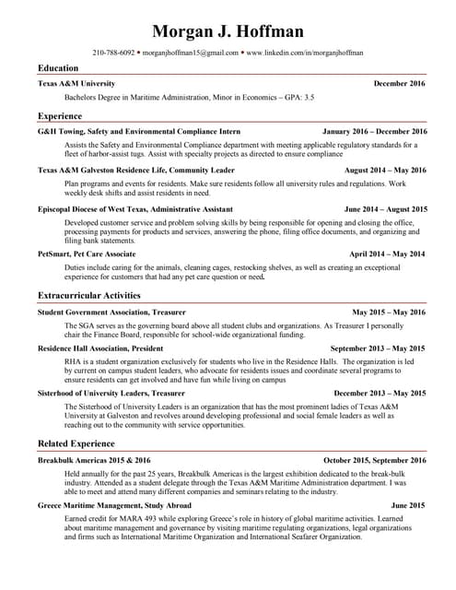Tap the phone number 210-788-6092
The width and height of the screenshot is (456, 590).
pyautogui.click(x=113, y=53)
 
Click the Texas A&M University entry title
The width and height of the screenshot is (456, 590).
pyautogui.click(x=76, y=83)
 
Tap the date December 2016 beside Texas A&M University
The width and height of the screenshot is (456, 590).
pyautogui.click(x=400, y=83)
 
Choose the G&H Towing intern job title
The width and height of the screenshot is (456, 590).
pyautogui.click(x=138, y=131)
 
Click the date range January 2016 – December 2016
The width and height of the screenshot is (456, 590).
pyautogui.click(x=375, y=131)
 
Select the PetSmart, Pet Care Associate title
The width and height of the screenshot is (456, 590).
pyautogui.click(x=87, y=253)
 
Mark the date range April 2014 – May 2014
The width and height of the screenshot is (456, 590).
pyautogui.click(x=387, y=253)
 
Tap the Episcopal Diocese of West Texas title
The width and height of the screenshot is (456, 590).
pyautogui.click(x=134, y=210)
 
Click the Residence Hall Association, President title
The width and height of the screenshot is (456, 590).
pyautogui.click(x=100, y=348)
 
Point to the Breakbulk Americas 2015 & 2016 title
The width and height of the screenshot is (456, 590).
pyautogui.click(x=94, y=459)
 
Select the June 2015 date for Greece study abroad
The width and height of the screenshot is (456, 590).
pyautogui.click(x=408, y=505)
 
